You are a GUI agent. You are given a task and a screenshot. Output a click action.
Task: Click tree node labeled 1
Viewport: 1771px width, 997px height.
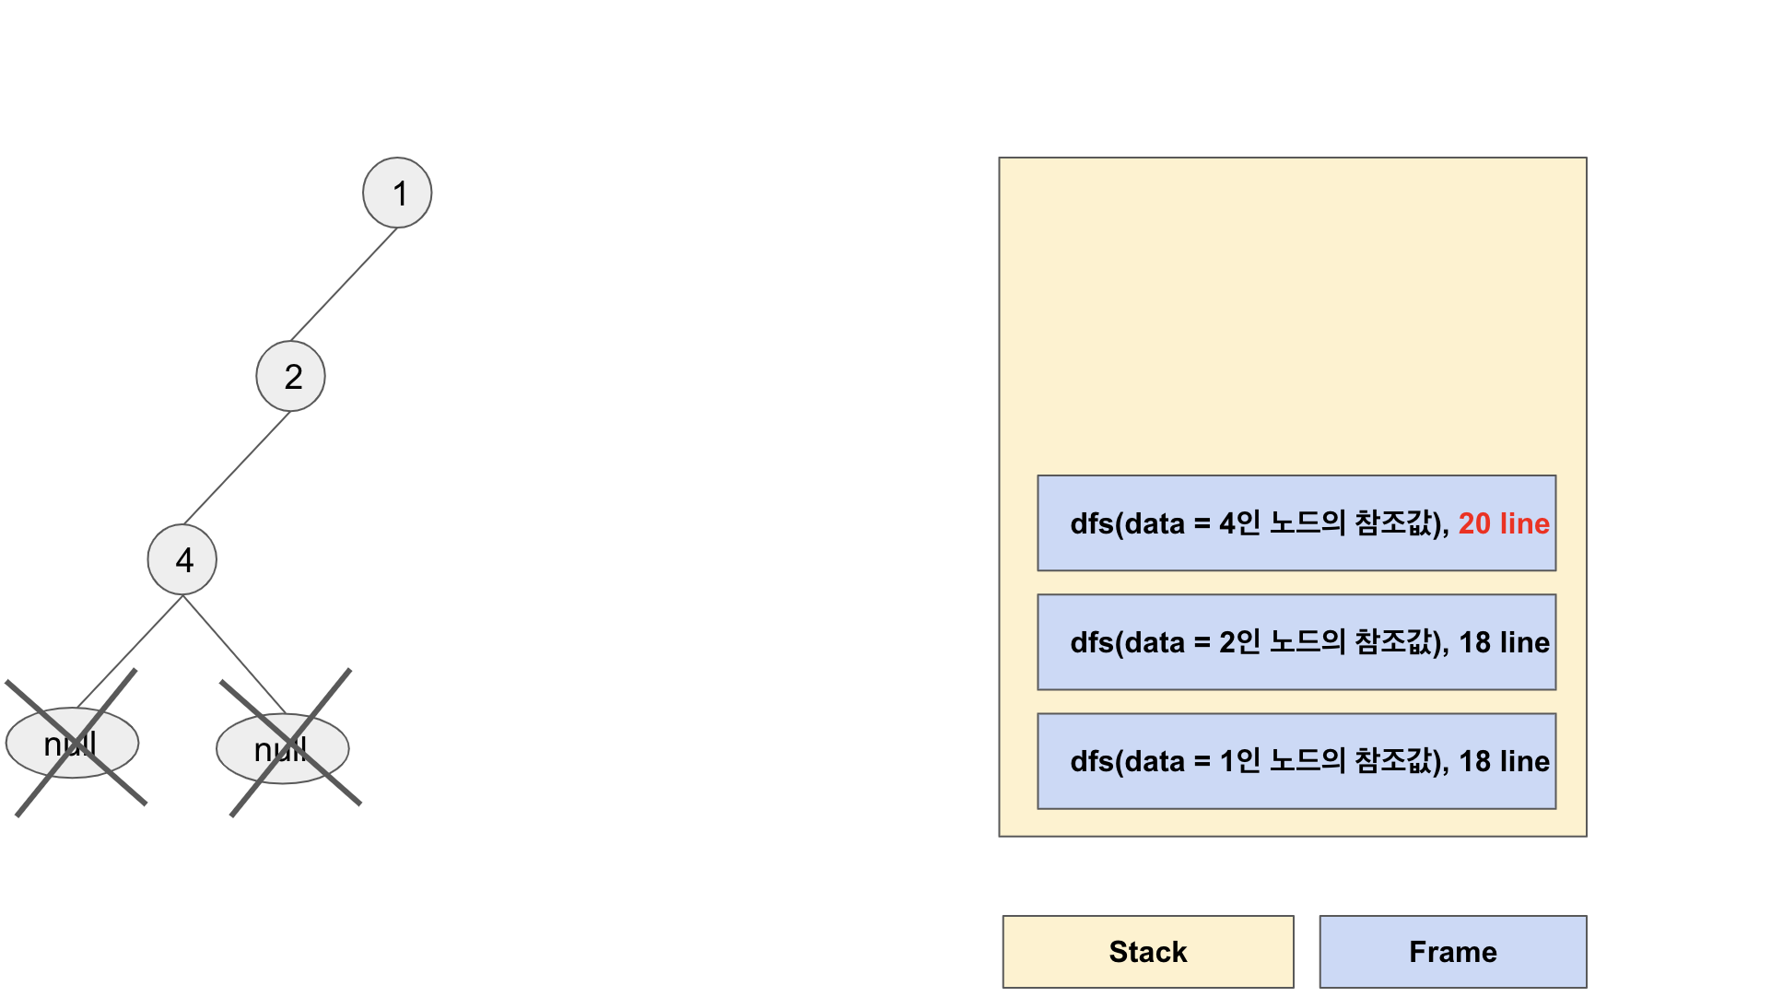397,193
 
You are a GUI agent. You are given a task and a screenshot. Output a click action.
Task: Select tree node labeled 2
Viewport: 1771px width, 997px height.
290,376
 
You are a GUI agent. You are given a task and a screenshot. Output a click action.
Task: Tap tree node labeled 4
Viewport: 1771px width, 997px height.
182,559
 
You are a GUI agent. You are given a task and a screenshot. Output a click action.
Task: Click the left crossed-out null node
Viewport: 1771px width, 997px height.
72,743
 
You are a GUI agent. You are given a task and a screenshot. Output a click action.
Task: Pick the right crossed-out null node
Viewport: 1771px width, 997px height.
283,748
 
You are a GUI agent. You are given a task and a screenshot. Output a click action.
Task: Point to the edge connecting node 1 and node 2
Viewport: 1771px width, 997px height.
344,285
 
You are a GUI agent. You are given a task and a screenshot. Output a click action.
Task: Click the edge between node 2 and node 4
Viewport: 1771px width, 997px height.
237,468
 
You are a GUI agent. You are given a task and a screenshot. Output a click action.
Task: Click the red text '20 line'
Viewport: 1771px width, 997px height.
1504,523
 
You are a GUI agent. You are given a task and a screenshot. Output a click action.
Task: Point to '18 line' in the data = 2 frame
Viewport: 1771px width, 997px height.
1504,642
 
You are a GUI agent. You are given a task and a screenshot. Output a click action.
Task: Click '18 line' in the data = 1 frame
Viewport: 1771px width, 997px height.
1504,761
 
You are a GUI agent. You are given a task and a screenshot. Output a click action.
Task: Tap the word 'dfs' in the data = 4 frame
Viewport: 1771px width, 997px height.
1092,523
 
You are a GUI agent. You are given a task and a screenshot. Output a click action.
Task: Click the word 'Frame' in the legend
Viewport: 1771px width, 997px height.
1453,952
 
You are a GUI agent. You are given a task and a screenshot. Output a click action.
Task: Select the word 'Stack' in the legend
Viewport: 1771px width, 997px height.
1148,952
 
